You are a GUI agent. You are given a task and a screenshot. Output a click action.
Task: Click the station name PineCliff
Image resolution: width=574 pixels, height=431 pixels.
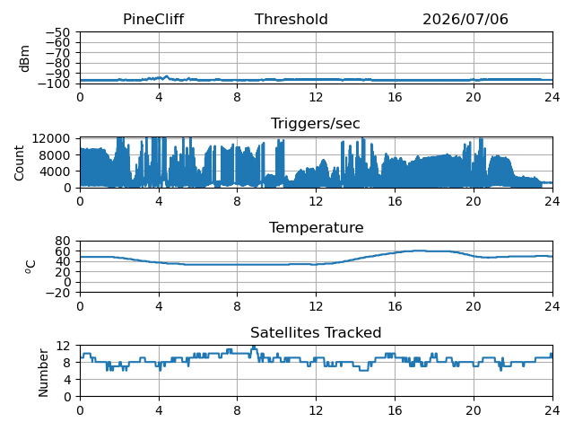click(153, 20)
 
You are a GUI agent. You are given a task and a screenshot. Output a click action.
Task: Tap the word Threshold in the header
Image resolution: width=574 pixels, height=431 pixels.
click(291, 20)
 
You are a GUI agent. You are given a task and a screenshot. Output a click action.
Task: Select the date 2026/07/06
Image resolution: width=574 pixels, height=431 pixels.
click(465, 20)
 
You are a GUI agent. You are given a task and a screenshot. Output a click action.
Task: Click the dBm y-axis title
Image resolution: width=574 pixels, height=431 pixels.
click(24, 58)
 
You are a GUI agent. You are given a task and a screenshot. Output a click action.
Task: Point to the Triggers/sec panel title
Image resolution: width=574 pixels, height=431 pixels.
click(315, 124)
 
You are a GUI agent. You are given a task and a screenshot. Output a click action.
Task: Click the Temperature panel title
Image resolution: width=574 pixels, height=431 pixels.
click(317, 227)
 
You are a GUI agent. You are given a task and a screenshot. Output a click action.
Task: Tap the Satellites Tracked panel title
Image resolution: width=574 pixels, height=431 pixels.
click(316, 332)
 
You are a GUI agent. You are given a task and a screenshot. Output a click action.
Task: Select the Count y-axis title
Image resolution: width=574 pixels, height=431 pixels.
click(19, 163)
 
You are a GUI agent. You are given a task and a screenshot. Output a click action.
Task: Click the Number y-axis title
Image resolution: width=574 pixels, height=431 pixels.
click(43, 373)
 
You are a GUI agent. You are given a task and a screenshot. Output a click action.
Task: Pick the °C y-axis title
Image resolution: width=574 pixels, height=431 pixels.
click(30, 267)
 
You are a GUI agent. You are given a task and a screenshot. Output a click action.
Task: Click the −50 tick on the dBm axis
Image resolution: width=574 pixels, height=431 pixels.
click(57, 32)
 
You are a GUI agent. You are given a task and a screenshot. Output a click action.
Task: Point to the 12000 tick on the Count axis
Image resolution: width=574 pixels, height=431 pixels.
click(51, 138)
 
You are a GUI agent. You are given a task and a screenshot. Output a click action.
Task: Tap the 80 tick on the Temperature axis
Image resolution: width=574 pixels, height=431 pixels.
click(63, 241)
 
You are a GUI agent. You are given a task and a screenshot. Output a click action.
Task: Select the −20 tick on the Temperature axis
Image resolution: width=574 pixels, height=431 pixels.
click(57, 293)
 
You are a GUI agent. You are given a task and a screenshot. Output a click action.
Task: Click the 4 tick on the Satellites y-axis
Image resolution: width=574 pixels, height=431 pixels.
click(66, 379)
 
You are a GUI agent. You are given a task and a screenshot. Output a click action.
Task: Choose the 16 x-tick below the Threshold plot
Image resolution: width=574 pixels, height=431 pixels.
click(395, 97)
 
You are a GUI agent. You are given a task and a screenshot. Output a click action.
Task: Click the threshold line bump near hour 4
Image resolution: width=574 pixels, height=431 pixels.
click(167, 76)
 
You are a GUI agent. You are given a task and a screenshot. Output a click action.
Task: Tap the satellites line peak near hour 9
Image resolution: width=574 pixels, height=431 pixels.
click(254, 347)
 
